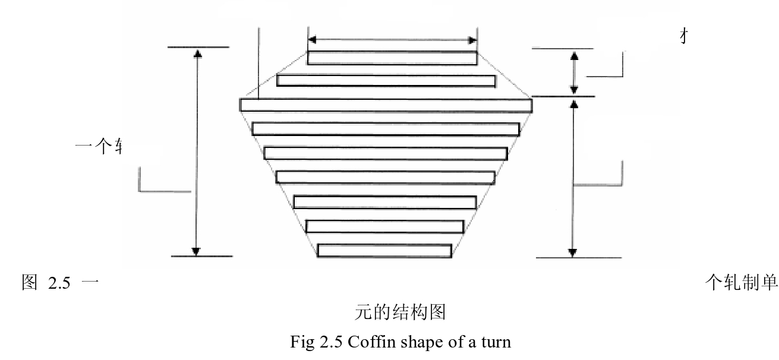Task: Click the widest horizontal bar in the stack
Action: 386,105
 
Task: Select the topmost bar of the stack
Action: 392,58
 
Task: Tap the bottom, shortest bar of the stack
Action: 384,251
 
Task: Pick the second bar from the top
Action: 386,81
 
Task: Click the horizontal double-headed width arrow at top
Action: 392,40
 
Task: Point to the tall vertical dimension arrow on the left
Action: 197,151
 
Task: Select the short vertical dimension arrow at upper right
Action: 573,72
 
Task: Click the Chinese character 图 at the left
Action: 30,283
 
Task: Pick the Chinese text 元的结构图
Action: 400,312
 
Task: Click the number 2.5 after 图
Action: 60,283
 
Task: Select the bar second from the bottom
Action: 385,226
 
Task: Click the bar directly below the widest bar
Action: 386,129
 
